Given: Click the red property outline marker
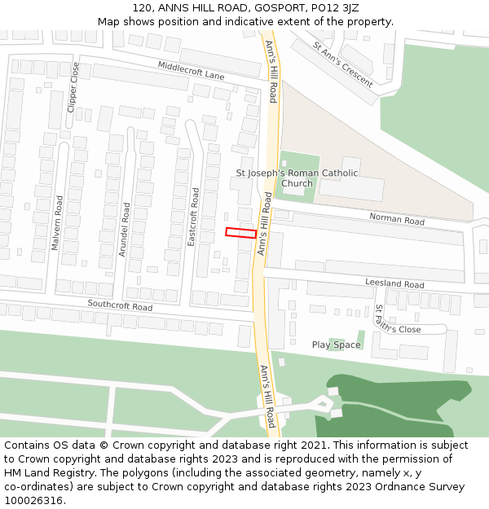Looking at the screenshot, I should point(241,233).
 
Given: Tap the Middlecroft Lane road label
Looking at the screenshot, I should point(191,71).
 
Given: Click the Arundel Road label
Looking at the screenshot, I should point(124,230).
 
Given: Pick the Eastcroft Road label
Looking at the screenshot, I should point(193,217).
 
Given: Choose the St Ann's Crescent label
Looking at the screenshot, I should point(343,65).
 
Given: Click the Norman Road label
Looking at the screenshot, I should point(397,220).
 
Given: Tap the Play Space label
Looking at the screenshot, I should point(336,345).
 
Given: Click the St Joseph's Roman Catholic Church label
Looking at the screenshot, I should point(297,178).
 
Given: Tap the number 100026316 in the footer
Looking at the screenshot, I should point(33,500).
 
